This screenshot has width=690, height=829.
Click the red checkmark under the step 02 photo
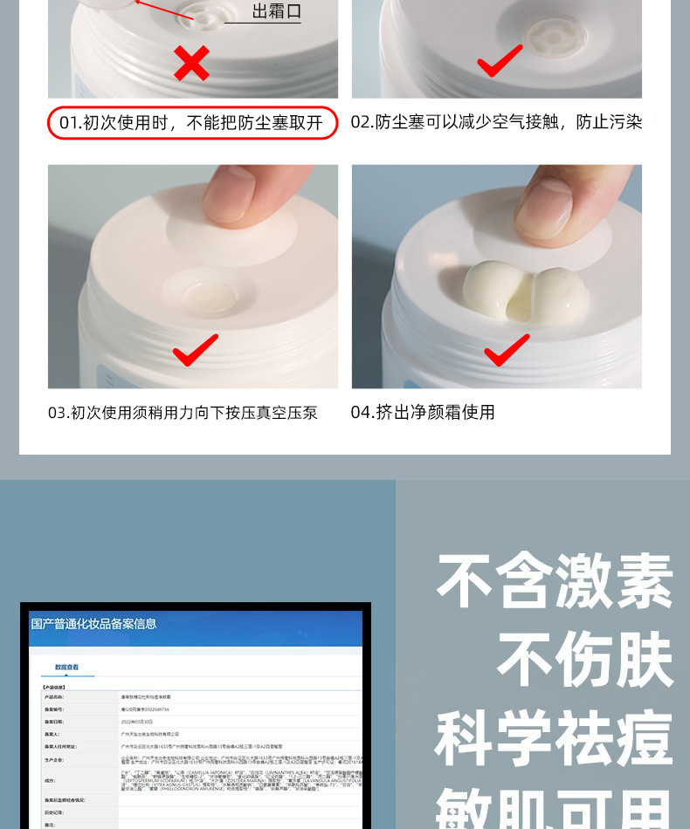(500, 62)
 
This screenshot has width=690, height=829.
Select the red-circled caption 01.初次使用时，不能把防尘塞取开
(191, 123)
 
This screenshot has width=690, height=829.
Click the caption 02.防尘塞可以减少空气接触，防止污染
(496, 123)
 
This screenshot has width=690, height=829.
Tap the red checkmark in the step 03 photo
(195, 351)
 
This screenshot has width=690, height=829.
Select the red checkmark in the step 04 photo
(507, 351)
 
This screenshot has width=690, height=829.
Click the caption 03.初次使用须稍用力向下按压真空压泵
(183, 413)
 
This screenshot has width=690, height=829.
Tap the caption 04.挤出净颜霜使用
(423, 413)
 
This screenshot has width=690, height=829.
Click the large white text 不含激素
(555, 581)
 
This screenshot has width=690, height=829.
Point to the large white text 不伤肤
(585, 660)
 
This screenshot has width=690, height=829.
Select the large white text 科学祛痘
(555, 738)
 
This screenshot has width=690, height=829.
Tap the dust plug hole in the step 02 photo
(555, 35)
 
